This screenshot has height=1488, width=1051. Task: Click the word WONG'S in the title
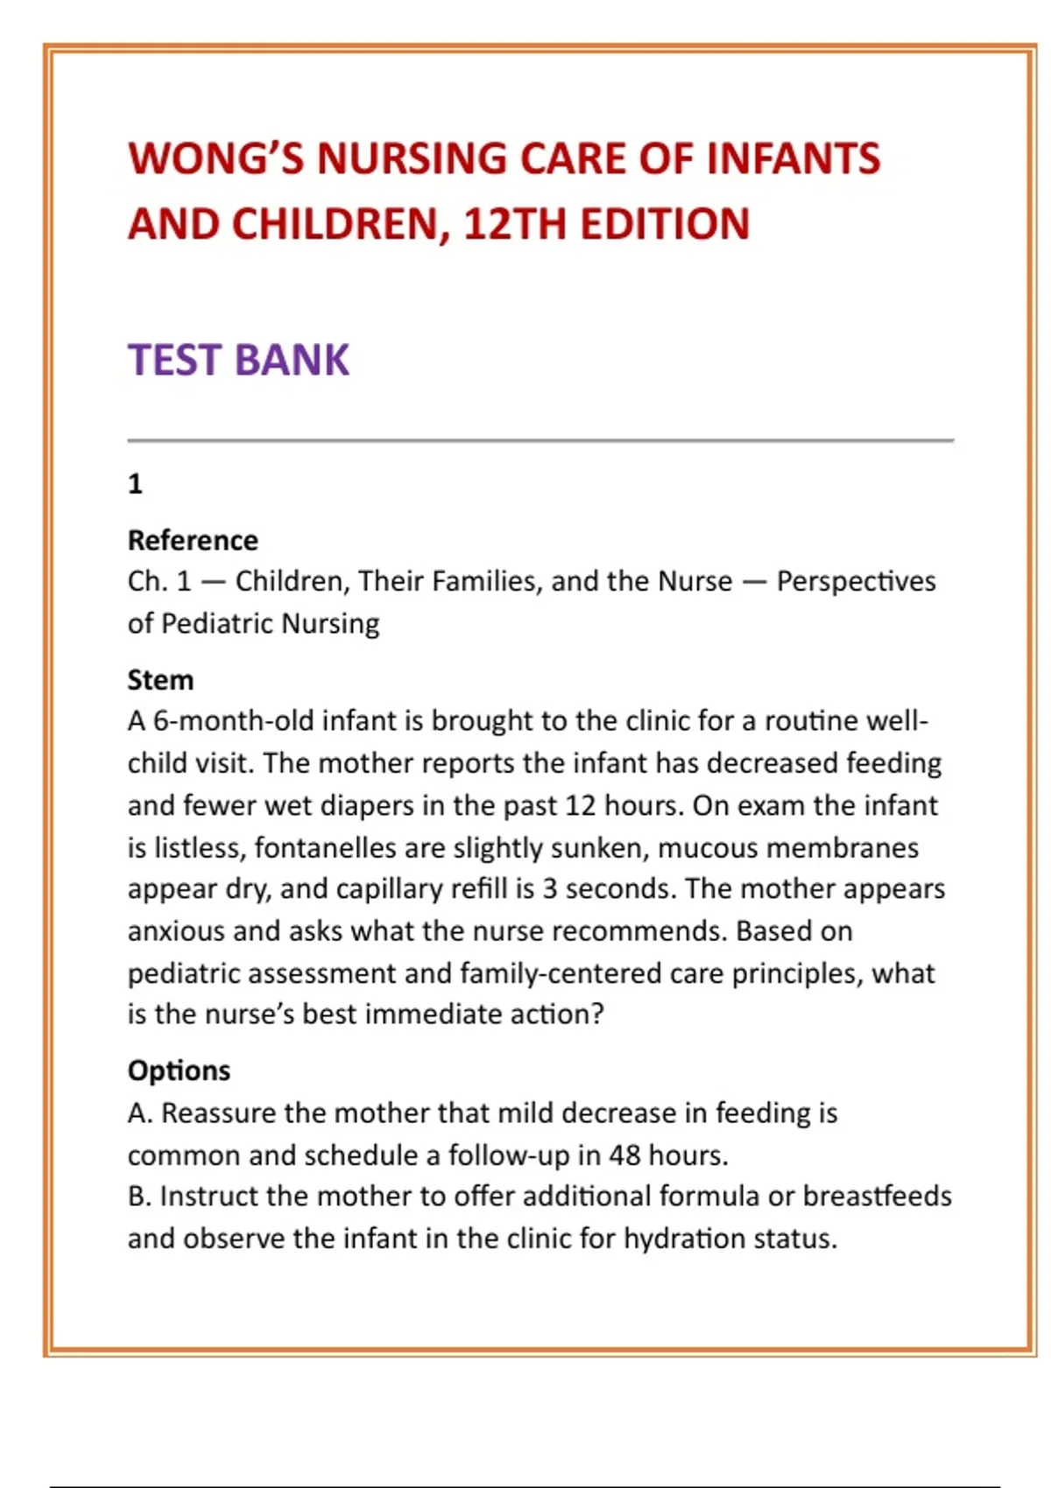point(215,159)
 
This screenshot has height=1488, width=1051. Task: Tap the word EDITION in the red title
point(665,224)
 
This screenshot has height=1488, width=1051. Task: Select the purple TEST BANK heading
point(238,360)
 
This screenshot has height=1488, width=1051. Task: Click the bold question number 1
point(135,484)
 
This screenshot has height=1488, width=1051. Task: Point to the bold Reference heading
point(193,540)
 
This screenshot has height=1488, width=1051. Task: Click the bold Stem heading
point(160,680)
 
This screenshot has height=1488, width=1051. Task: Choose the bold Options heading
point(179,1070)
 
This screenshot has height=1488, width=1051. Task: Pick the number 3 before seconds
point(549,888)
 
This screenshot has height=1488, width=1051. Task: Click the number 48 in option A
point(624,1155)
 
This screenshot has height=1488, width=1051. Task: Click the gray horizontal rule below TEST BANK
point(540,440)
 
